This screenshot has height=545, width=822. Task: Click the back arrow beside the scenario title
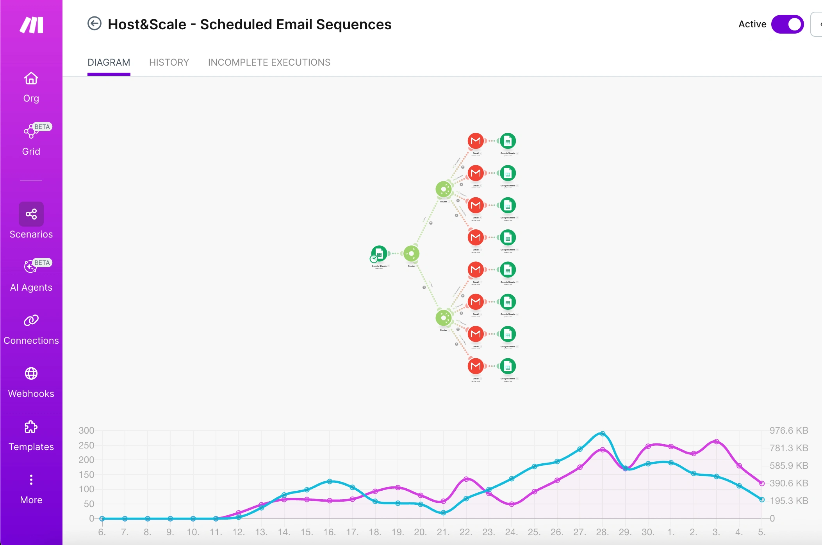(x=94, y=24)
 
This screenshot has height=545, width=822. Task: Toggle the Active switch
(x=787, y=24)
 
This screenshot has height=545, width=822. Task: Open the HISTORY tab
(x=169, y=63)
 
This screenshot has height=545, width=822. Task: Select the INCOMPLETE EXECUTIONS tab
(x=269, y=63)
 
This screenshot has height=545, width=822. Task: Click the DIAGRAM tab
(x=109, y=63)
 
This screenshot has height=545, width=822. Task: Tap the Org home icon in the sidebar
(x=31, y=79)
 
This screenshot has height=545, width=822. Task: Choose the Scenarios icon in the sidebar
(x=31, y=214)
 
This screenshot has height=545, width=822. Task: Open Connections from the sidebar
(x=31, y=320)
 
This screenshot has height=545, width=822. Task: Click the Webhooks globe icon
(x=31, y=373)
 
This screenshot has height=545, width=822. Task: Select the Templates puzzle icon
(x=31, y=427)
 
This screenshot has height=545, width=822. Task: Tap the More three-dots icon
(x=31, y=479)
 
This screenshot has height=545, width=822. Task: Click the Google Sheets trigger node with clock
(x=379, y=254)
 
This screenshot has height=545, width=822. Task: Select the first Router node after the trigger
(x=411, y=254)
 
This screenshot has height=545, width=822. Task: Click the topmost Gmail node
(x=476, y=141)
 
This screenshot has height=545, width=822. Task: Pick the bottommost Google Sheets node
(x=508, y=366)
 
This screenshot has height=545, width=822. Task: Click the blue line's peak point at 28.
(x=603, y=434)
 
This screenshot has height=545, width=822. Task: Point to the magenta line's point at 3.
(x=716, y=441)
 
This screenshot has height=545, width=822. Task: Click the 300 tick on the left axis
(x=86, y=431)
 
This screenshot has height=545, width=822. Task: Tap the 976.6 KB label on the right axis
(x=788, y=431)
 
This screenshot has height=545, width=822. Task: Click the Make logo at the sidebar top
(x=31, y=25)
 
